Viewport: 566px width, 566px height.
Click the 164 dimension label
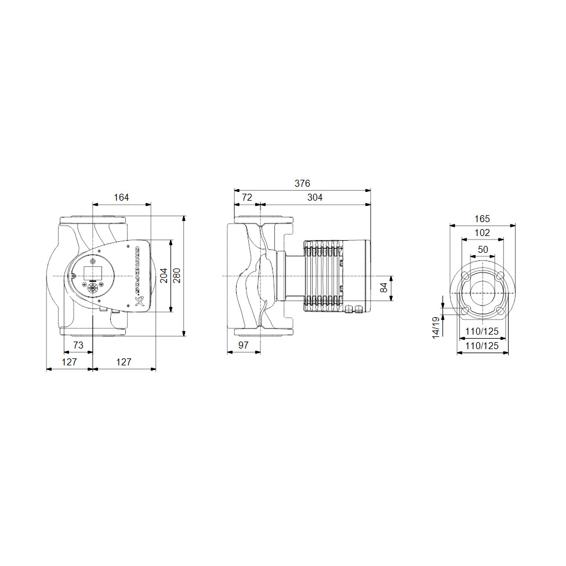click(x=121, y=198)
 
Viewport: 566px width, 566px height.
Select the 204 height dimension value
click(x=164, y=275)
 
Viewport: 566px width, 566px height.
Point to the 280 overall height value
click(x=176, y=275)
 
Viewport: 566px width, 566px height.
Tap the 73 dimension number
click(x=78, y=345)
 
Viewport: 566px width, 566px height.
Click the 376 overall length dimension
click(x=302, y=183)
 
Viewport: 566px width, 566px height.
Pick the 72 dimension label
click(x=247, y=198)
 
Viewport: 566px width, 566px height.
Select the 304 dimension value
click(x=315, y=198)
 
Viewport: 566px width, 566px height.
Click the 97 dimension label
click(x=244, y=345)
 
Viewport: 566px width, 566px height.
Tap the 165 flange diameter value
click(x=482, y=219)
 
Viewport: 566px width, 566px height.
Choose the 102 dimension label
click(x=482, y=233)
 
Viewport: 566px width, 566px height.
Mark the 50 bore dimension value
click(x=482, y=249)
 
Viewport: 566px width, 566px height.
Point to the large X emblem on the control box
click(x=139, y=301)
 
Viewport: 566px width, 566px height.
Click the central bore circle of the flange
click(x=482, y=292)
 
